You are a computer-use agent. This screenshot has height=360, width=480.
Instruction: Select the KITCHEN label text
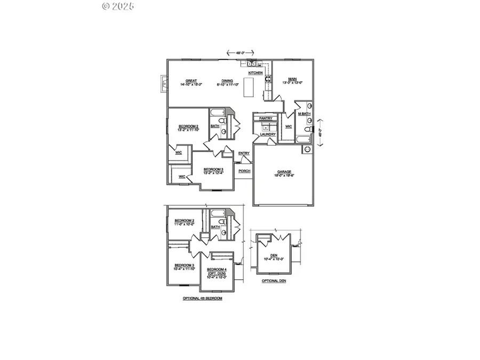pos(255,73)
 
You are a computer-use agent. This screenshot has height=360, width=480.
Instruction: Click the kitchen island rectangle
pos(249,88)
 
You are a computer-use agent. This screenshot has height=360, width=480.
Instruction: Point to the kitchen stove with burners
pos(268,81)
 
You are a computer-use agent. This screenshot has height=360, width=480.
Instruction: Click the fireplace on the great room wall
pos(163,84)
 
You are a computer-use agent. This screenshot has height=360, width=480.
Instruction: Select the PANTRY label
pos(266,118)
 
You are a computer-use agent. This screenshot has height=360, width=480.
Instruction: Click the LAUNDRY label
pos(268,134)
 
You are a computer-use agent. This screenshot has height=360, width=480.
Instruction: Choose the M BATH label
pos(304,114)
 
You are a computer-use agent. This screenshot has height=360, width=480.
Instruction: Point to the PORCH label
pos(244,171)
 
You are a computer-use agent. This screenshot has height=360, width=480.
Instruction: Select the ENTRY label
pos(244,154)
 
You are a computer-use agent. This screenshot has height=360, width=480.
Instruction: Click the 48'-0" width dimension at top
pos(241,52)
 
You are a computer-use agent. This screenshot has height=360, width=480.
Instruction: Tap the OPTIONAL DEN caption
pos(274,281)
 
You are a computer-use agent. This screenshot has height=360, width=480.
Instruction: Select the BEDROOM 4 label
pos(217,269)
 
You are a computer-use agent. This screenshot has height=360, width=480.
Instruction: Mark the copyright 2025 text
pos(118,6)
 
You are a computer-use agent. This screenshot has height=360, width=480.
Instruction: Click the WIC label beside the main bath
pos(289,126)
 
